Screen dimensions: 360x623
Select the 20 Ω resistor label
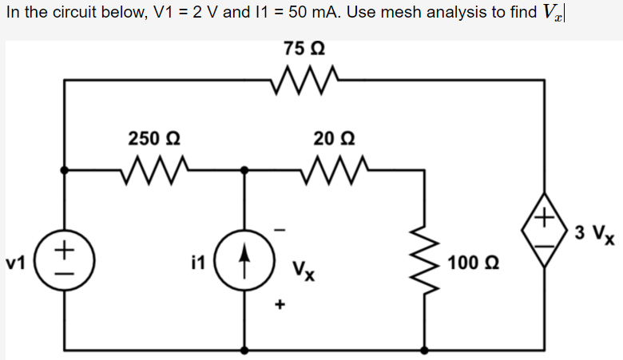coord(329,137)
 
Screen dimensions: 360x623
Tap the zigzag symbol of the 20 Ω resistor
coord(330,168)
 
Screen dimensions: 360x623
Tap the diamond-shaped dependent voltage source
coord(545,231)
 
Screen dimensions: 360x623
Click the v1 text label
coord(16,261)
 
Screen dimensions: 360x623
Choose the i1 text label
coord(199,261)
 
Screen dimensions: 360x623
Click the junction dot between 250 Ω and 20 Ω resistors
coord(245,169)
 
